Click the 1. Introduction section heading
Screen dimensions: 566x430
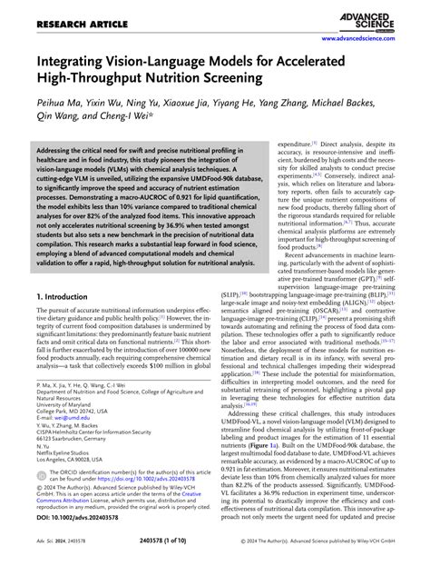[x=69, y=296]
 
